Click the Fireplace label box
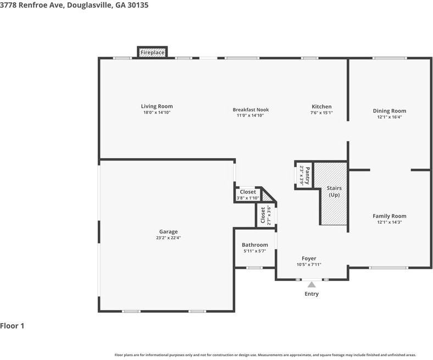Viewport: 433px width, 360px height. [152, 52]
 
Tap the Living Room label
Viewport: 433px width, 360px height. [157, 106]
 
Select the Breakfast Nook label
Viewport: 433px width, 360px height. [251, 109]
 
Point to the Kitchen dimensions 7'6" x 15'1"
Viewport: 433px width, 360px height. [321, 113]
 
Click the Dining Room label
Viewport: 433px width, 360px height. [390, 111]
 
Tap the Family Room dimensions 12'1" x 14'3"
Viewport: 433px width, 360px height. [390, 222]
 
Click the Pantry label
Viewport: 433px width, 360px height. [308, 176]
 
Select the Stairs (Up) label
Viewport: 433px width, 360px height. [334, 191]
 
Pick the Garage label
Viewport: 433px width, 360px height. [169, 231]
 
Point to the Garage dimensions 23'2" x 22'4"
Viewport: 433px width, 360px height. [169, 237]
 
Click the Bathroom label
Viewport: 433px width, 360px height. [254, 245]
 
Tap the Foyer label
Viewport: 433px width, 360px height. [309, 258]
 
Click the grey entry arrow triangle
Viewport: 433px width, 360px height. [312, 285]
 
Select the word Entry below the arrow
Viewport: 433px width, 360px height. [312, 293]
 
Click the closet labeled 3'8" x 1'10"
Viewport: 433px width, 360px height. [248, 195]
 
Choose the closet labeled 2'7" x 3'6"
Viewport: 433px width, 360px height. [265, 215]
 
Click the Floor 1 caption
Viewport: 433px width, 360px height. [12, 326]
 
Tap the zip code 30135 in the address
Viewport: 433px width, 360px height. [137, 5]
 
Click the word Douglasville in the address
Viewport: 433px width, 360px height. [90, 5]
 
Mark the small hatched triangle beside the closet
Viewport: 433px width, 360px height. [266, 197]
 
